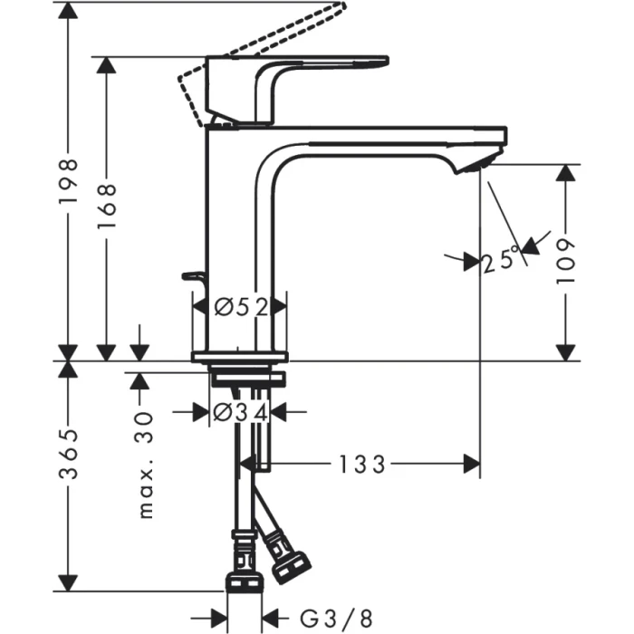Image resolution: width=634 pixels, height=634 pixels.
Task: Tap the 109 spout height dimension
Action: click(x=566, y=263)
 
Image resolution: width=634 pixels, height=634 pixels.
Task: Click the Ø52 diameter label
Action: click(x=241, y=308)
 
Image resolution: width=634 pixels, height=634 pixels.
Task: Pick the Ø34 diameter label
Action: click(x=240, y=413)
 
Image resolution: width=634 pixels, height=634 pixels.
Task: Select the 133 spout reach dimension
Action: click(x=363, y=465)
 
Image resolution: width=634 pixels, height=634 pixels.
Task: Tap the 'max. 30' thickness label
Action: click(x=144, y=462)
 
